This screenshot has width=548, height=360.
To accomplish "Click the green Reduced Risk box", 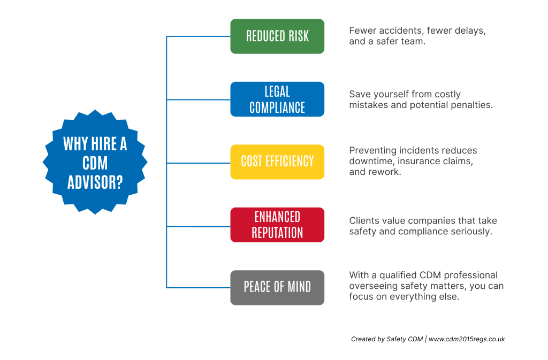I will [x=277, y=36].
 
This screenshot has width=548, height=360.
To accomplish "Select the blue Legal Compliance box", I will [x=277, y=99].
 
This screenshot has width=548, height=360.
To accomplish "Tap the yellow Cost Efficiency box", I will [x=277, y=162].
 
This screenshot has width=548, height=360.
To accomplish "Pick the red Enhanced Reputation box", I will [x=277, y=225].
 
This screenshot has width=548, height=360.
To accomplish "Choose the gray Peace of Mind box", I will [x=277, y=287].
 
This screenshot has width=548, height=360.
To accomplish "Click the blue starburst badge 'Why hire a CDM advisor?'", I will [x=95, y=162].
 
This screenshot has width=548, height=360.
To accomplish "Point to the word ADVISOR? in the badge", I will [x=95, y=182].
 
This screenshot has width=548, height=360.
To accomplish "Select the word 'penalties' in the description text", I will [x=473, y=105].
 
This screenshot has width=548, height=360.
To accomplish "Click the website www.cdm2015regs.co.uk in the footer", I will [x=467, y=339].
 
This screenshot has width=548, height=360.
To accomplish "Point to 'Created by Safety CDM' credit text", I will [x=386, y=339].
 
